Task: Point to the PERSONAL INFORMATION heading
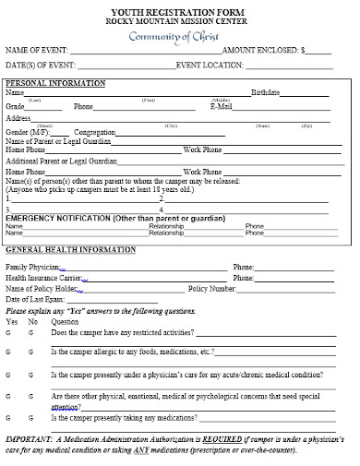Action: point(55,84)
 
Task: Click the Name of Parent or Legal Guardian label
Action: point(59,140)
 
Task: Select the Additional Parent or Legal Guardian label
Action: point(64,161)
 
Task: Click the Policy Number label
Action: point(213,289)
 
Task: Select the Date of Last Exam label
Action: point(36,300)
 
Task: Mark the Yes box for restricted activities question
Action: point(8,331)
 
